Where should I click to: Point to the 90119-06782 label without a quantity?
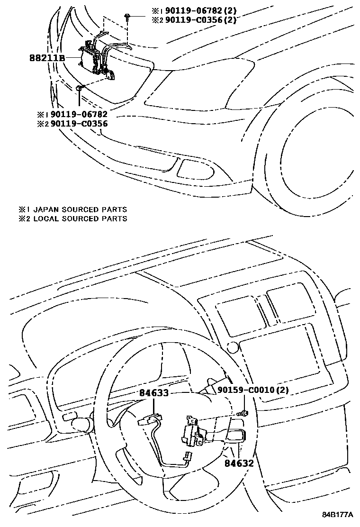point(79,114)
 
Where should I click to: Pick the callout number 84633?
point(154,392)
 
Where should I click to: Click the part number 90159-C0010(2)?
point(253,390)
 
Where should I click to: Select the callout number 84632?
point(240,463)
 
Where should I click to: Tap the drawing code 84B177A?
point(338,515)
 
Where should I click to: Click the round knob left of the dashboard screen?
point(232,347)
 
